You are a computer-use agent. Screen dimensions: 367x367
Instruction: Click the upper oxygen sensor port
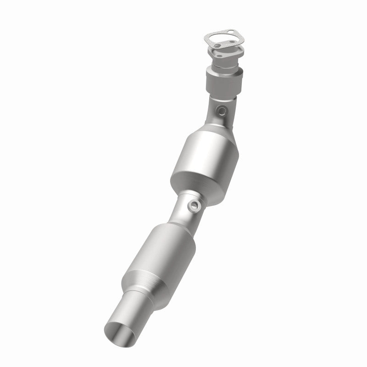point(222,110)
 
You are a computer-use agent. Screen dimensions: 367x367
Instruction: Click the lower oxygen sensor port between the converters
point(194,206)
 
